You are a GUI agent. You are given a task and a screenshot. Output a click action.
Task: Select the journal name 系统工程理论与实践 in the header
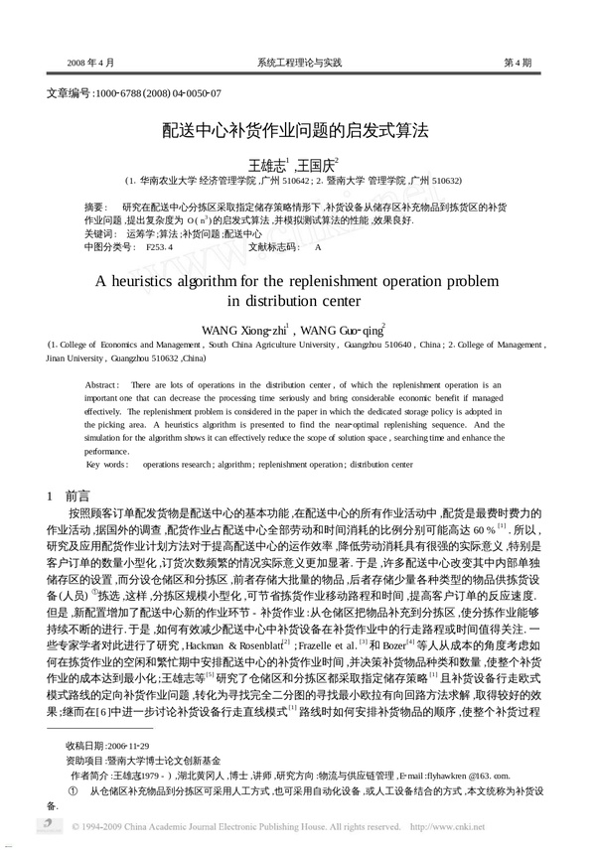298,63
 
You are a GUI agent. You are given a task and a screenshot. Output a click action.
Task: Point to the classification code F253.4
160,245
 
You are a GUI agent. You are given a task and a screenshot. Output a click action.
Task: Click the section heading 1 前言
70,494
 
